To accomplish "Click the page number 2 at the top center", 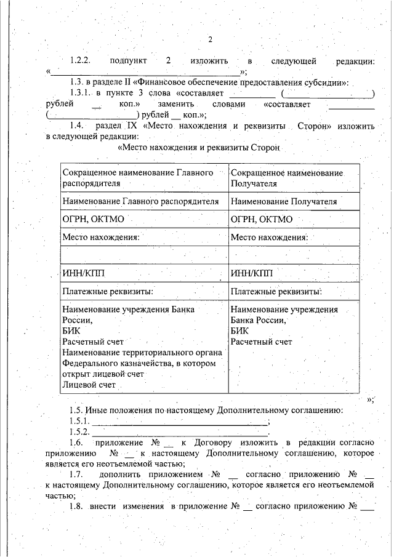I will click(x=210, y=40).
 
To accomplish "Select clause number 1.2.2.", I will click(x=80, y=62).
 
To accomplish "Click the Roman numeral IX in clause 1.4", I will click(x=131, y=126).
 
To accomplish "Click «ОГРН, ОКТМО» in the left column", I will click(x=91, y=219).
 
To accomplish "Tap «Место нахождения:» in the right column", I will click(x=269, y=237).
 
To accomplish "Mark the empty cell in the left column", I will click(x=144, y=255).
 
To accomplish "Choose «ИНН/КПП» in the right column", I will click(x=251, y=273).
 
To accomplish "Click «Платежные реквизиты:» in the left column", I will click(x=108, y=291).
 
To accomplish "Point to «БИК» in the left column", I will click(x=71, y=331).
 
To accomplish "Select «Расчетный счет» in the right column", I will click(x=262, y=342).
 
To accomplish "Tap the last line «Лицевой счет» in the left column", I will click(x=89, y=385).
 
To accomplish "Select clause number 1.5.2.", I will click(x=80, y=433).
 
